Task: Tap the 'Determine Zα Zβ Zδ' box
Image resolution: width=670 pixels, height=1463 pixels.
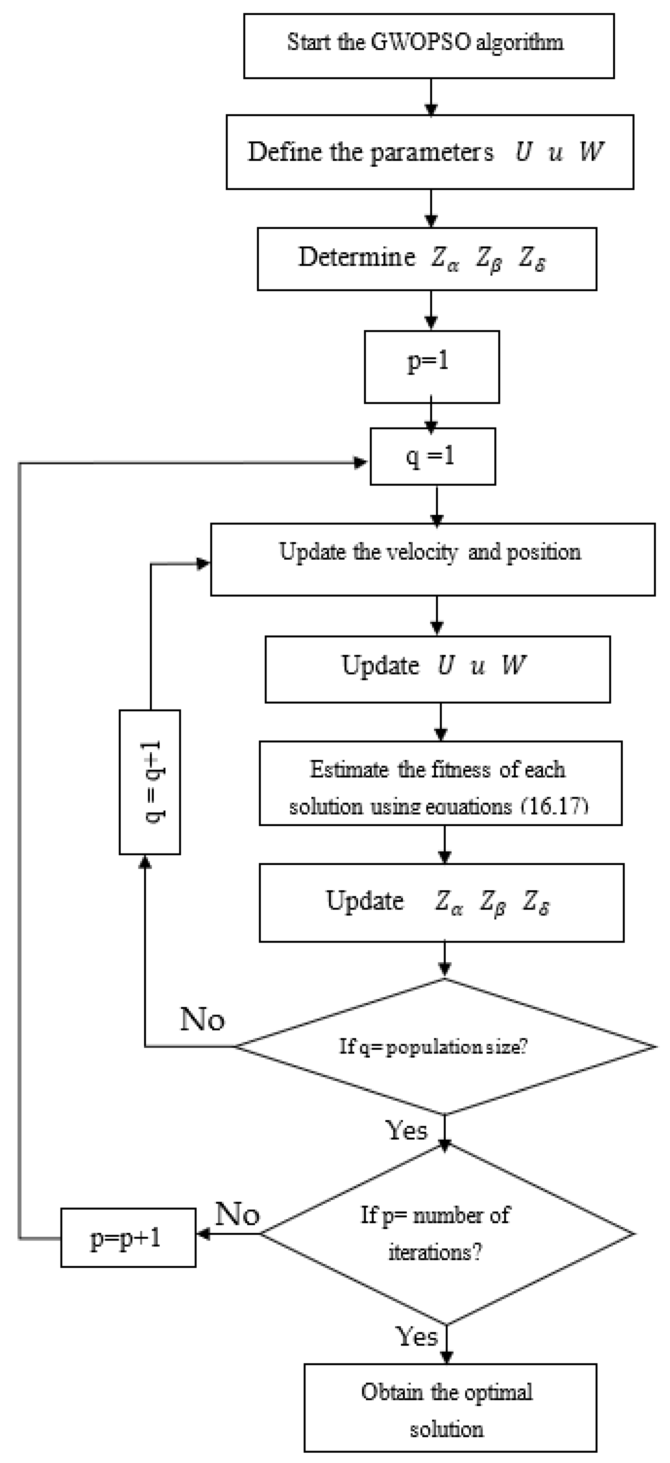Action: click(427, 259)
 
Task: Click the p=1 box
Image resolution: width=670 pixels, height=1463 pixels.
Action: click(431, 367)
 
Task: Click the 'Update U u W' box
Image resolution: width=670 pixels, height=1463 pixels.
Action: click(438, 669)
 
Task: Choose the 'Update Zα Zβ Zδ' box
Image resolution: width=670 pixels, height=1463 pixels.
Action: click(441, 902)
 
